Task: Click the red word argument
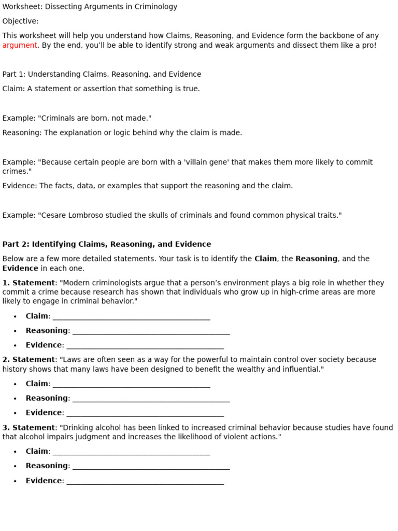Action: [x=20, y=45]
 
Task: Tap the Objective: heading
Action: [x=20, y=21]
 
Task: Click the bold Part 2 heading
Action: [x=106, y=244]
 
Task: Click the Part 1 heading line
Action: [x=102, y=74]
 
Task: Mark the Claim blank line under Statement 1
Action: [x=131, y=317]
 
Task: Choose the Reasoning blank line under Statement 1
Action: [x=151, y=331]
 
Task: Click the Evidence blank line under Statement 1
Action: [x=145, y=346]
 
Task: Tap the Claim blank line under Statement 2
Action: [x=131, y=384]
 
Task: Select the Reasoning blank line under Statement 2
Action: [x=151, y=399]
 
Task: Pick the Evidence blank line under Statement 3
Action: [x=145, y=481]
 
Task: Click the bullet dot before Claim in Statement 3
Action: [x=15, y=452]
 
